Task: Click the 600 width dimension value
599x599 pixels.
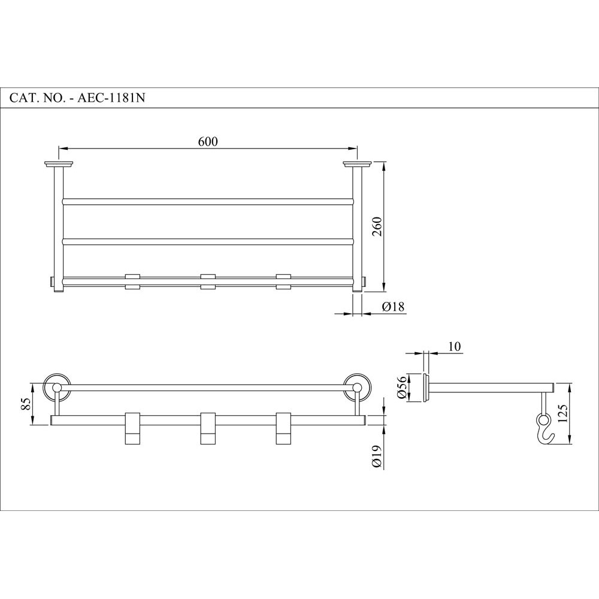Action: (207, 141)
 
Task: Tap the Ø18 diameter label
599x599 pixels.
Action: (394, 307)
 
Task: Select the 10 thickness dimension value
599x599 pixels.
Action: (453, 347)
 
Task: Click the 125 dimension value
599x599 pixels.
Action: (562, 413)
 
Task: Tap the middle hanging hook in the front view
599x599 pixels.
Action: (208, 429)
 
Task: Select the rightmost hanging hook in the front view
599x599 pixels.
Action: (283, 429)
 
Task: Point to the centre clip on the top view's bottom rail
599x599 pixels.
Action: (208, 282)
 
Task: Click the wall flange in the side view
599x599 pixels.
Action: (426, 388)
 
